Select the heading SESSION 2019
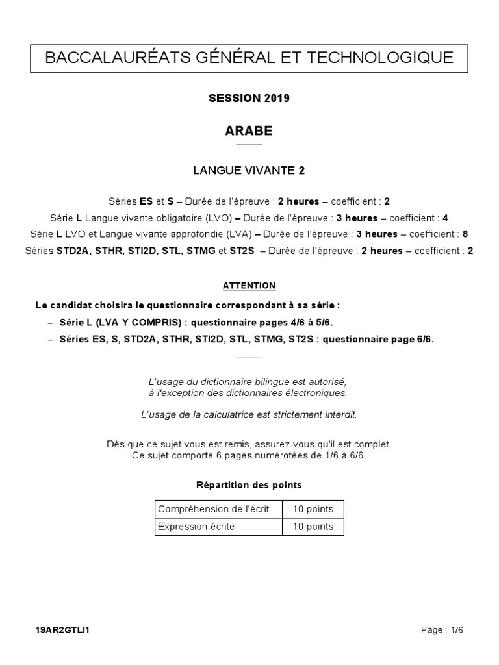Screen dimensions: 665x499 (249, 99)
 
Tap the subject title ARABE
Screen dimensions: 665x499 (249, 131)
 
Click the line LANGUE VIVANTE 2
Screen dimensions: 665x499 (249, 171)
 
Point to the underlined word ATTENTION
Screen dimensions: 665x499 (249, 286)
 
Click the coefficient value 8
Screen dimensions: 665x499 (465, 234)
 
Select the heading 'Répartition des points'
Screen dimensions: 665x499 (249, 485)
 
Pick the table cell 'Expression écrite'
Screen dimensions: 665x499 (196, 527)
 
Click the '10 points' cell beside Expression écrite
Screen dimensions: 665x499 (313, 527)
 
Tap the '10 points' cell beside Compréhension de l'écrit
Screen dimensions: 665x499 (313, 509)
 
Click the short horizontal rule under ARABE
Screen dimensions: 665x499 (249, 145)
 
